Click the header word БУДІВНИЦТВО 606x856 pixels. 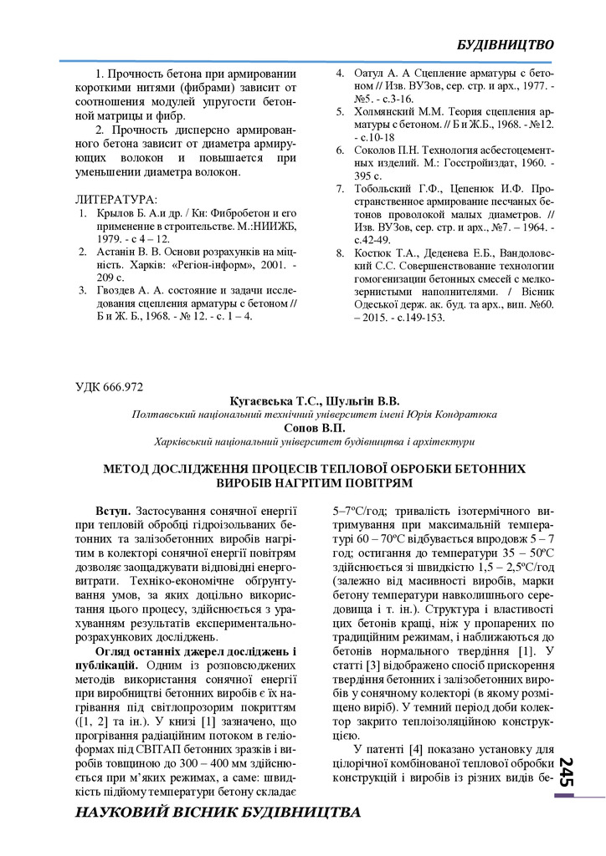pos(506,43)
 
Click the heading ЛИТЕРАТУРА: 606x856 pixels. pos(116,201)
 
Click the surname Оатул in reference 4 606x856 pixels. pos(372,73)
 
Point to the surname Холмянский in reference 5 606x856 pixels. pos(389,110)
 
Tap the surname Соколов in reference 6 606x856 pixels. pos(378,150)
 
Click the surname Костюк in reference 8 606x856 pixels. pos(375,252)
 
